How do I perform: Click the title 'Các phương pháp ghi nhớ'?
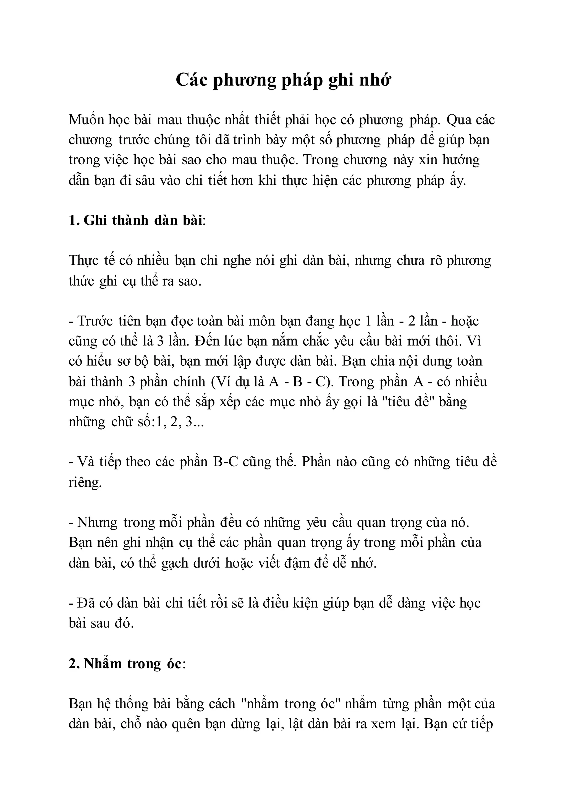(x=283, y=80)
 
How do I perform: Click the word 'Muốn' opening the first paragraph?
(x=85, y=120)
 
